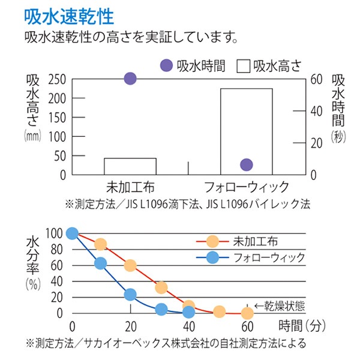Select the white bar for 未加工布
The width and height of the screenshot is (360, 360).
coord(130,166)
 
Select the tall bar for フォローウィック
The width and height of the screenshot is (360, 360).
coord(246,131)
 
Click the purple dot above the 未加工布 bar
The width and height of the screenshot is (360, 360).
coord(130,79)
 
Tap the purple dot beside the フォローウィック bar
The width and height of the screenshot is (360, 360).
coord(246,165)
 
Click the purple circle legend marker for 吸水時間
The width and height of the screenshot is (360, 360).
coord(168,65)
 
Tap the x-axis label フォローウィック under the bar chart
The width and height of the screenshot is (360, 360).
coord(247,186)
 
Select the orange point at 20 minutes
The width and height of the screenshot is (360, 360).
coord(130,266)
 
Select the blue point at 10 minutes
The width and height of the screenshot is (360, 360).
coord(101,263)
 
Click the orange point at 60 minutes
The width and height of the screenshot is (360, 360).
coord(247,313)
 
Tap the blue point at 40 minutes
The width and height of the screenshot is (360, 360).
coord(189,312)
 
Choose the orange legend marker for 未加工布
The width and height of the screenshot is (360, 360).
coord(212,242)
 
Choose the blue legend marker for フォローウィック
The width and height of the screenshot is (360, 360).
coord(212,258)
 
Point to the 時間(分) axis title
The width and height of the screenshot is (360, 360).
coord(302,326)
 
